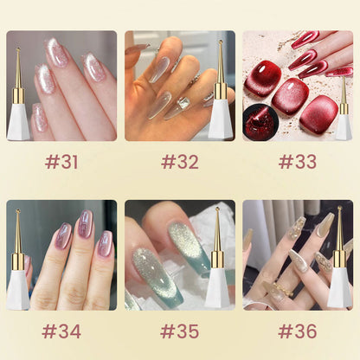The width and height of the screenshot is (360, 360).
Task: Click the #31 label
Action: tap(61, 162)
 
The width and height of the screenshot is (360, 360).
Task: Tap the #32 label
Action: tap(179, 162)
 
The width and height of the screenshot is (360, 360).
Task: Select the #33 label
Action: tap(297, 162)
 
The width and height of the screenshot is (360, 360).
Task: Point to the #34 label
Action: tap(61, 331)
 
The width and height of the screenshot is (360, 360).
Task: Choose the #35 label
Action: tap(179, 331)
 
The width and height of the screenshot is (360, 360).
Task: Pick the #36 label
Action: tap(297, 331)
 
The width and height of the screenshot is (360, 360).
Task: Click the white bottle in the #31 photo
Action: tap(18, 122)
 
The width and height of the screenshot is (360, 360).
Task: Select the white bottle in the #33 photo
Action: tap(344, 126)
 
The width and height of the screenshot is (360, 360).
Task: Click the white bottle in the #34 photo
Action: tap(18, 289)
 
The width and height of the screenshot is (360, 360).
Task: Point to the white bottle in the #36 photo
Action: tap(340, 289)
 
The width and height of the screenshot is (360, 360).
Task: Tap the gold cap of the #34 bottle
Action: tap(18, 257)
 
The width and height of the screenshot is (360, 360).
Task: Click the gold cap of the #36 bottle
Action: tap(340, 257)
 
